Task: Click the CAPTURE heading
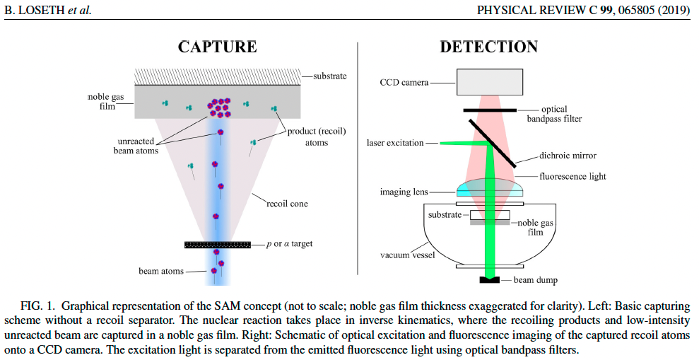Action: [217, 47]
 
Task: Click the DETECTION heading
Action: [488, 47]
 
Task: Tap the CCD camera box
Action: [489, 82]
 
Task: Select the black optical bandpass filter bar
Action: [490, 110]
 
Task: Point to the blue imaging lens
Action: [489, 187]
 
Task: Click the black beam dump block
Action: [490, 281]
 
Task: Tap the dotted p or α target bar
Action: [218, 245]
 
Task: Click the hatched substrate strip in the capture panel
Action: [218, 76]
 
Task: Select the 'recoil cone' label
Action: [287, 204]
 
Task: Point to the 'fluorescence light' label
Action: [572, 176]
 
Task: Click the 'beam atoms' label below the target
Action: [161, 271]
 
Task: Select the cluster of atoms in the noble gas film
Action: [221, 107]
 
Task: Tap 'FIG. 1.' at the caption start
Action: [37, 306]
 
